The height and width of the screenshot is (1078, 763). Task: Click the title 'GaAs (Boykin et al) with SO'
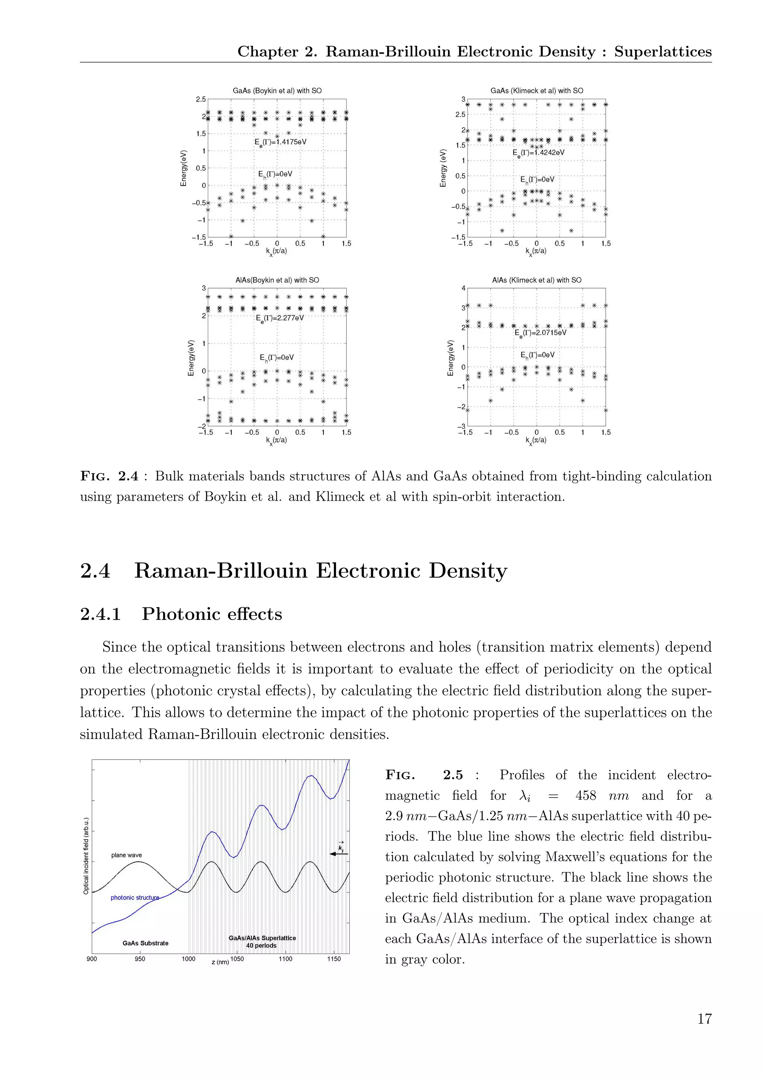pyautogui.click(x=277, y=90)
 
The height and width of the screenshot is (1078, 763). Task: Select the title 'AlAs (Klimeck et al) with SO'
pyautogui.click(x=536, y=280)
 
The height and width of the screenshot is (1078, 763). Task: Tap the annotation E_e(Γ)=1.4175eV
pyautogui.click(x=281, y=142)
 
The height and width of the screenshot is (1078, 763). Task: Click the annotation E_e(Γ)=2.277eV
pyautogui.click(x=280, y=318)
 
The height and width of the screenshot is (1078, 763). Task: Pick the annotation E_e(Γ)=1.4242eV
pyautogui.click(x=538, y=153)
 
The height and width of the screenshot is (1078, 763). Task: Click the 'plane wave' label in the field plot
pyautogui.click(x=126, y=855)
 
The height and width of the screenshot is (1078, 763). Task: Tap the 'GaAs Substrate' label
pyautogui.click(x=145, y=943)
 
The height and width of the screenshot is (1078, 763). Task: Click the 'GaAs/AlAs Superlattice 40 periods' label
pyautogui.click(x=262, y=941)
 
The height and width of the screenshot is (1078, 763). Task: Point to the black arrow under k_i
pyautogui.click(x=339, y=854)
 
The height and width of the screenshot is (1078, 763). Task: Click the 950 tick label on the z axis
pyautogui.click(x=140, y=959)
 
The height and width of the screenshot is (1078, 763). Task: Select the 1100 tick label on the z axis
pyautogui.click(x=285, y=959)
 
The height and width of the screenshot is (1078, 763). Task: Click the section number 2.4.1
pyautogui.click(x=101, y=614)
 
